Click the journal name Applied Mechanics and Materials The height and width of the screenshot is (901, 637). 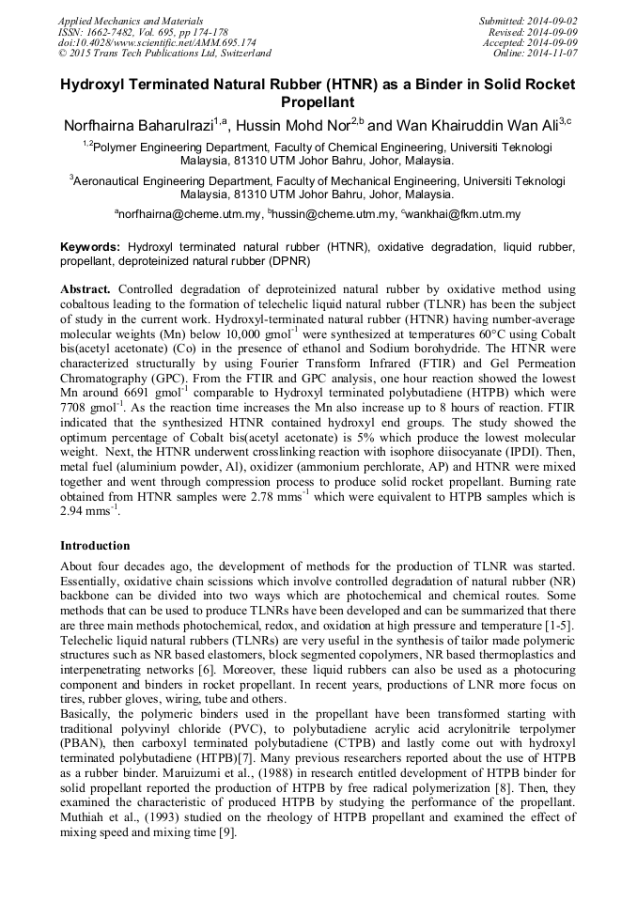coord(130,20)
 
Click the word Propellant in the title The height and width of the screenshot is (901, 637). coord(318,101)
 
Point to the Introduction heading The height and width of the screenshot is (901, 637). coord(95,546)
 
